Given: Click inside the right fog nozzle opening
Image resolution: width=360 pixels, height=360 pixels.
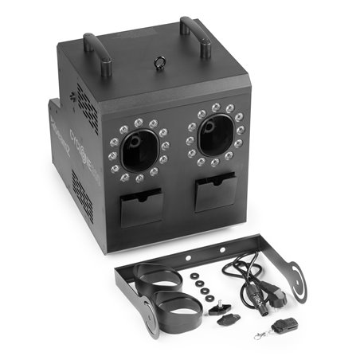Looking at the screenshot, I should point(214,134).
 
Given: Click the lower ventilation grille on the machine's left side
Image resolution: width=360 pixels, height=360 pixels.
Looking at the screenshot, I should point(80,196).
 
